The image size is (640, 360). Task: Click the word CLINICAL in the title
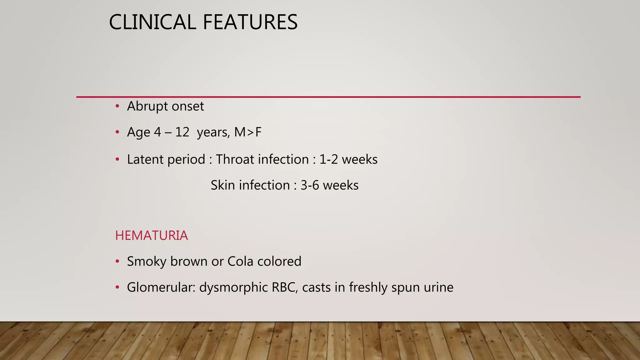coord(152,22)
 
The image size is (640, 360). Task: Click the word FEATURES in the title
coord(250,22)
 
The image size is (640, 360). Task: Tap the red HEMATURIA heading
coord(151,236)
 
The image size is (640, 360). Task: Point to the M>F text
coord(247,132)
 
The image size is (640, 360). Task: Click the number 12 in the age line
coord(182,132)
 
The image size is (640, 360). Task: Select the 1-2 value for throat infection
coord(328,159)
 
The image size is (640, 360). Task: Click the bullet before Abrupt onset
coord(117,107)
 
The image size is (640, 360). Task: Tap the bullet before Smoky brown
coord(117,261)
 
